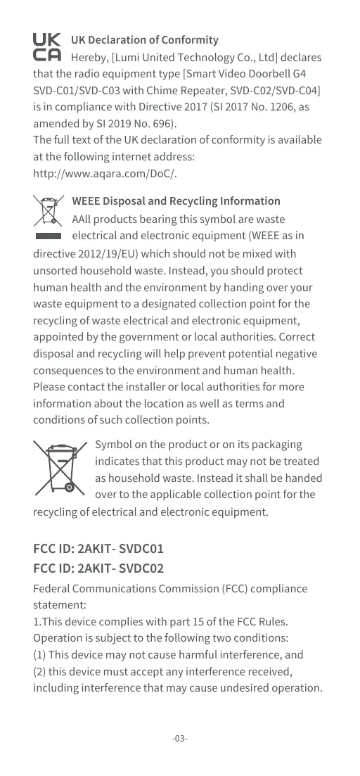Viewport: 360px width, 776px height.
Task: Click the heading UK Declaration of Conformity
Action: (x=145, y=39)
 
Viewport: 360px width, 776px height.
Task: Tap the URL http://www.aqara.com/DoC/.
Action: (x=105, y=174)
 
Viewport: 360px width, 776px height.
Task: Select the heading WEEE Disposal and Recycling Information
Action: (x=176, y=201)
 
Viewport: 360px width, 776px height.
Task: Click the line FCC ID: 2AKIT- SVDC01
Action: (x=98, y=549)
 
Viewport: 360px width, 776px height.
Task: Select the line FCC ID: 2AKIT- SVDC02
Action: (x=98, y=568)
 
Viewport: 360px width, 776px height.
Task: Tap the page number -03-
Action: (x=180, y=739)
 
